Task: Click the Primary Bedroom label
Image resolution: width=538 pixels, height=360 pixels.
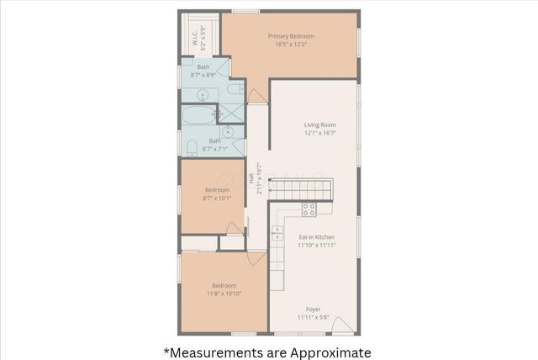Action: [x=291, y=36]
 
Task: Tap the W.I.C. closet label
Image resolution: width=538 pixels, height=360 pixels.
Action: [x=194, y=38]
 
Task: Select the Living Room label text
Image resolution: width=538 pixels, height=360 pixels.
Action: [x=319, y=125]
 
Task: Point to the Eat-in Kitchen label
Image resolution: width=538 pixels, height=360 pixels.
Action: [x=317, y=237]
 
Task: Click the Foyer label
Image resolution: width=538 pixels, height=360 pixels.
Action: [x=313, y=310]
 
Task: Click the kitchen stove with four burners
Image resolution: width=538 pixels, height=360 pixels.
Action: [x=309, y=209]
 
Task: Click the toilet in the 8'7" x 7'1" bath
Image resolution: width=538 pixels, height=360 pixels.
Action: [x=192, y=149]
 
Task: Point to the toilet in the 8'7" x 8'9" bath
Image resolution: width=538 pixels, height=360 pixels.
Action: [x=238, y=87]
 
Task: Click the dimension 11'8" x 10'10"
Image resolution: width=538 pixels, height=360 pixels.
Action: [x=224, y=293]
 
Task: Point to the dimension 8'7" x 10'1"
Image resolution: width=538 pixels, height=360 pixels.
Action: [x=217, y=199]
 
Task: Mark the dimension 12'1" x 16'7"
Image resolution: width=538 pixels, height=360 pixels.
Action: [x=319, y=133]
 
